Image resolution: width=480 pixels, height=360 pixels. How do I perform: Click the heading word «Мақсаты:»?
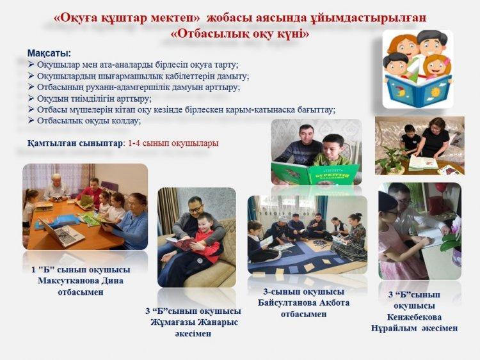(x=49, y=53)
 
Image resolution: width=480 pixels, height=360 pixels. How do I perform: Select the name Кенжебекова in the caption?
(x=414, y=317)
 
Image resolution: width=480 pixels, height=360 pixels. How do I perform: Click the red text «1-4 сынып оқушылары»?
(x=173, y=143)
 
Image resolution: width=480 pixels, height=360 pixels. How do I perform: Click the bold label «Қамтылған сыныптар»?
(x=75, y=143)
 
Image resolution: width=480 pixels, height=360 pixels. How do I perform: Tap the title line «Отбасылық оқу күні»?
(x=240, y=34)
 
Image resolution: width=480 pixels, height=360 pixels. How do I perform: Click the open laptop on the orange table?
(x=62, y=233)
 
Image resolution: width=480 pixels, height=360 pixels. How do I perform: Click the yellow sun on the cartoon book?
(x=435, y=91)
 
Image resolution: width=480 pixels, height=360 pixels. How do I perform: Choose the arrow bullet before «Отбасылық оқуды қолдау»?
(x=31, y=120)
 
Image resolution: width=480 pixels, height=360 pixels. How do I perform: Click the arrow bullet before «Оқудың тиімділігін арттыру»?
(x=31, y=98)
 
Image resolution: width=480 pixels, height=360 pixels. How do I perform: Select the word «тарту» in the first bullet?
(x=227, y=65)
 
